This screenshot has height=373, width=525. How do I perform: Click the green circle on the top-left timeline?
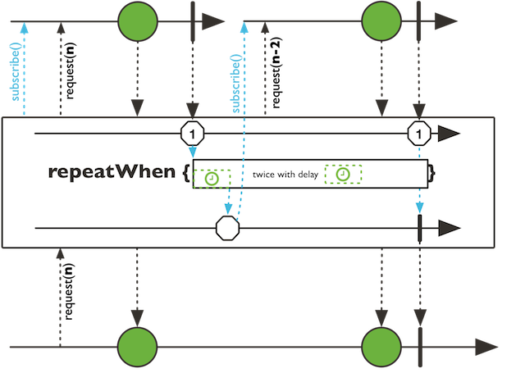click(138, 20)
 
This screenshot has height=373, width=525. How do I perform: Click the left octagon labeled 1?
click(192, 133)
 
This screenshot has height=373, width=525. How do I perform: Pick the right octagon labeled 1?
click(419, 133)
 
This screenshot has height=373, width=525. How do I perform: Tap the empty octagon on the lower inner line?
click(227, 226)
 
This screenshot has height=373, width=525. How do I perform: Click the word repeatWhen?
click(112, 172)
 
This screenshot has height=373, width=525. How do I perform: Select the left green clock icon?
click(212, 179)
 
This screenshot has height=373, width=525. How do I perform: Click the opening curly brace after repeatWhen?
click(186, 173)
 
